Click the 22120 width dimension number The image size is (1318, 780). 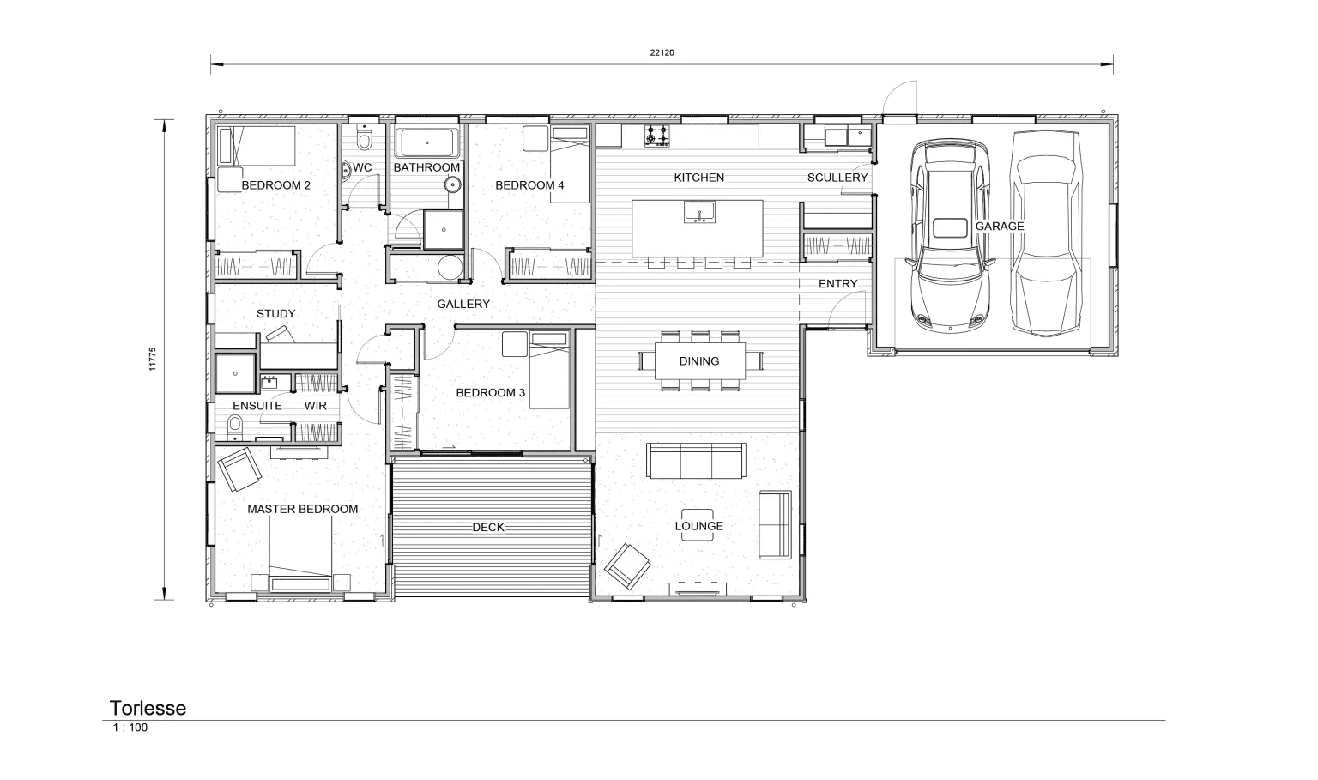(662, 52)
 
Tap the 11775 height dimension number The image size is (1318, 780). (153, 359)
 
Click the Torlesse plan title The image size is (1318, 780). (148, 708)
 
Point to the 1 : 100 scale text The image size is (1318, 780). (130, 728)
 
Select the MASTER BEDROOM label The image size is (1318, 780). (302, 509)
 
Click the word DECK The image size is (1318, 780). (488, 527)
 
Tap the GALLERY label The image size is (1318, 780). (463, 304)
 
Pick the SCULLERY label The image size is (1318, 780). (837, 177)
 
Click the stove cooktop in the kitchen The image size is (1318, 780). (656, 136)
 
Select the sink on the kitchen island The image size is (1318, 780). (699, 212)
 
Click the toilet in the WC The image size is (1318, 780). (365, 138)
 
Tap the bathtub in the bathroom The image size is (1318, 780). (427, 142)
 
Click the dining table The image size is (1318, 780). (699, 361)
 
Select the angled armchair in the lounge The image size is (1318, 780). (627, 565)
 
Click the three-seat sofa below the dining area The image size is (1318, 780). (696, 461)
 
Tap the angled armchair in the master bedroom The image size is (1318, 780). (239, 469)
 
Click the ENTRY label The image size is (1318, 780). (837, 283)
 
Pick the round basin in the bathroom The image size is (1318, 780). (452, 185)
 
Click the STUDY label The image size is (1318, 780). (275, 313)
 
